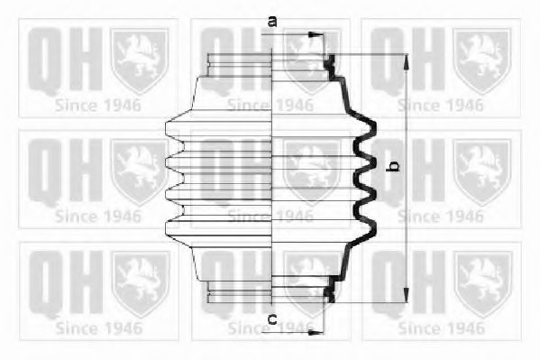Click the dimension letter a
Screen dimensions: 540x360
[x=272, y=22]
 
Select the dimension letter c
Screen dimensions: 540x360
[x=272, y=319]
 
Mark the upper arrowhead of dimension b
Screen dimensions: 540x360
[x=407, y=62]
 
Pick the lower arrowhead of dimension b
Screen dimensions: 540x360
[x=407, y=295]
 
